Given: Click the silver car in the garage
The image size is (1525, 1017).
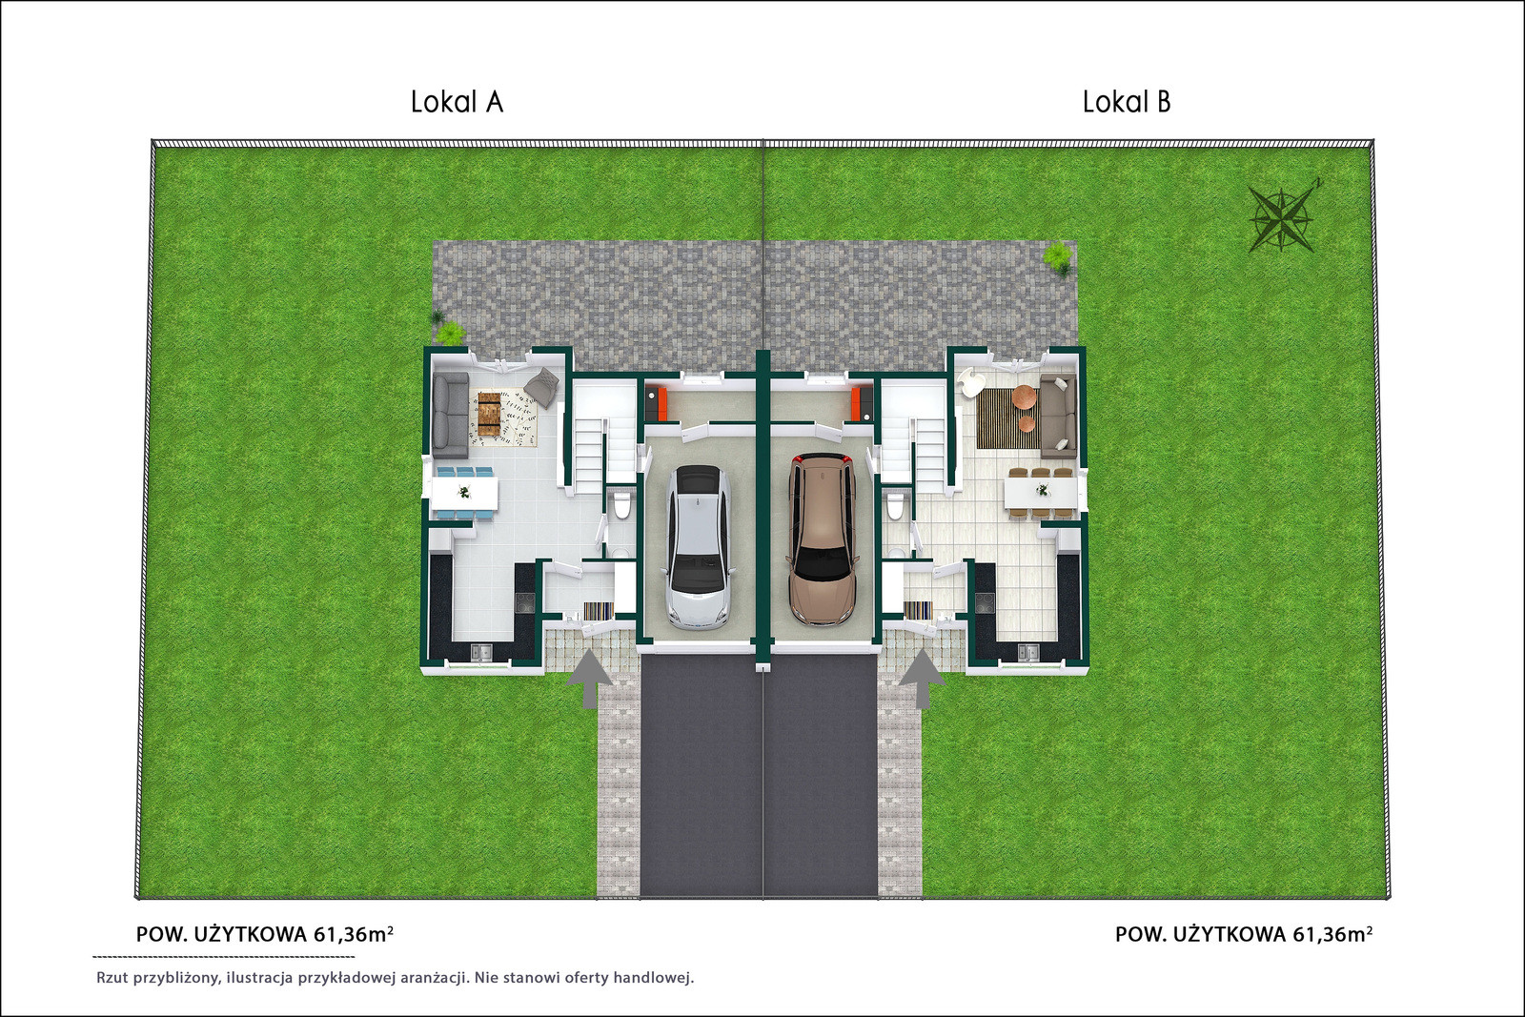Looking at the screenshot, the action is point(699,546).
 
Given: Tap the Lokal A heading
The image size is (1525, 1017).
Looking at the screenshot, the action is point(457,102).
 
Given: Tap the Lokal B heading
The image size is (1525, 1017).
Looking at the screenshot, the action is point(1127,102).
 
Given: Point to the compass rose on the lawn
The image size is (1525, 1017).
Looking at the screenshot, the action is point(1282,219).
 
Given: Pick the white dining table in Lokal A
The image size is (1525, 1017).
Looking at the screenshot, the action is point(464,492).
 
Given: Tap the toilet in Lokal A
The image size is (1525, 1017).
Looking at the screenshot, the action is point(620,506).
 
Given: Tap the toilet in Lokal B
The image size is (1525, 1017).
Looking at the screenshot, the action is point(897,506).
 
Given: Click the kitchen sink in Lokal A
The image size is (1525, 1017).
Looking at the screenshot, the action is point(481,651).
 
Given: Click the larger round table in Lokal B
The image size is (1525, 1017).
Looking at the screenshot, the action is point(1025,397).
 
